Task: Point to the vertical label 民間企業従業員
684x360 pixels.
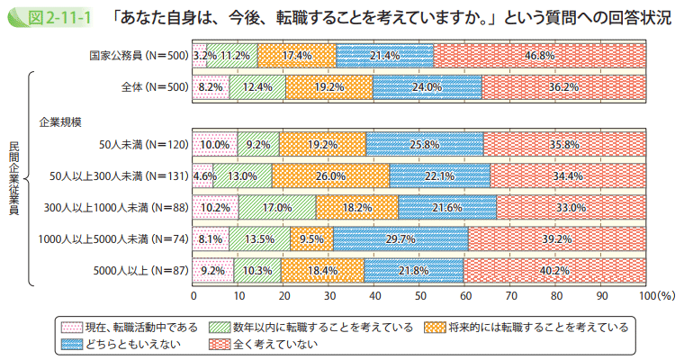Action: click(x=13, y=178)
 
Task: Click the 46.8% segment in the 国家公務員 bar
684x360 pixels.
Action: click(x=540, y=56)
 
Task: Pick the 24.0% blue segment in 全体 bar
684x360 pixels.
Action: click(x=427, y=87)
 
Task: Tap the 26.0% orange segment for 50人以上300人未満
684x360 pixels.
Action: click(x=330, y=176)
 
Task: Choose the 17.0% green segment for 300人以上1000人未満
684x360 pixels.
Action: click(x=277, y=207)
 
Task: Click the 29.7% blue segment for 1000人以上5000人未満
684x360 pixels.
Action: click(x=401, y=238)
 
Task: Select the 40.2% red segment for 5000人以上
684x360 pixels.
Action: click(x=555, y=270)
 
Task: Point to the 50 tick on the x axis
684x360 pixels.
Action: click(x=420, y=294)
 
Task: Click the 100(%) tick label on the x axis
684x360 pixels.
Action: click(x=656, y=294)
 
